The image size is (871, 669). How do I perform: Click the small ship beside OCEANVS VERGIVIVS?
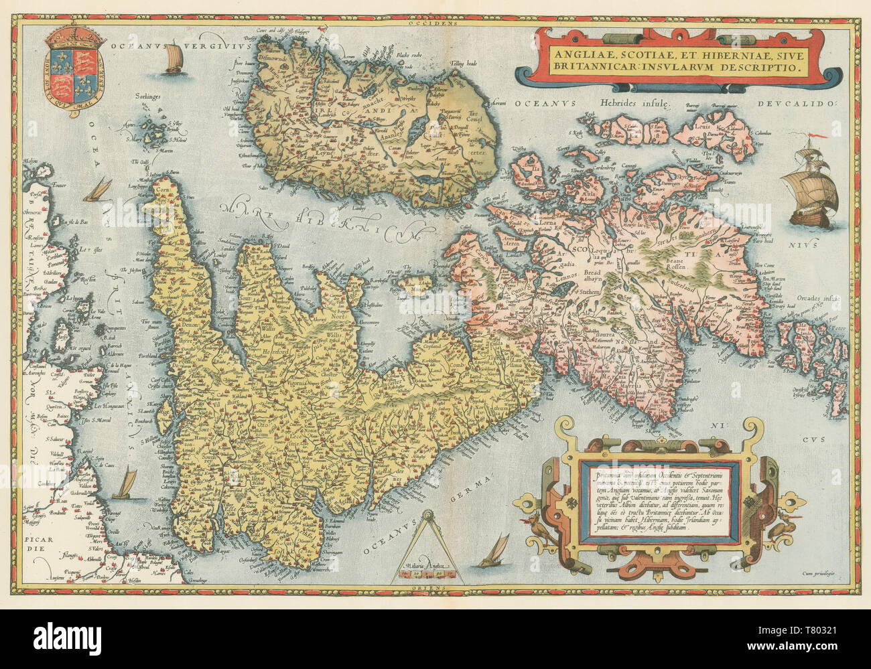173,58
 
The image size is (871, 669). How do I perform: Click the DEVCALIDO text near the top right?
799,104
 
